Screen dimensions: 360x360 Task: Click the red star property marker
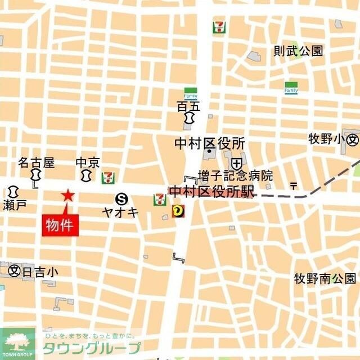click(x=68, y=196)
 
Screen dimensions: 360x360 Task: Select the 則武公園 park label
click(x=298, y=51)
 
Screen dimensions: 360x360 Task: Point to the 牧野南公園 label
click(x=325, y=278)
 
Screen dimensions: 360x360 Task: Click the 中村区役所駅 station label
click(x=211, y=192)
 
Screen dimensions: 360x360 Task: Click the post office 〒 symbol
click(x=293, y=186)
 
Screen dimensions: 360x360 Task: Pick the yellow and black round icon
click(x=178, y=211)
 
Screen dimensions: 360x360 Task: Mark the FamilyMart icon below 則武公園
click(x=291, y=88)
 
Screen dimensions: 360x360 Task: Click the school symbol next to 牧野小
click(x=352, y=139)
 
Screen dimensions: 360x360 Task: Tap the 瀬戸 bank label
click(x=14, y=205)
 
